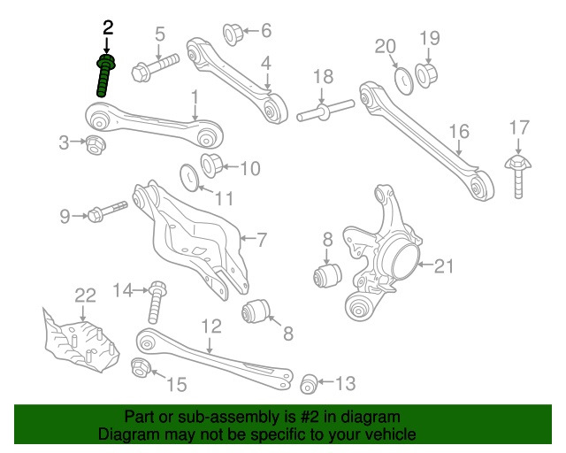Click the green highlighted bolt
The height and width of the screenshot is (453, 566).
tap(105, 77)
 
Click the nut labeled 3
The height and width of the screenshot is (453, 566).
tap(95, 143)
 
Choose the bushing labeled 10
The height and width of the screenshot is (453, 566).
tap(213, 165)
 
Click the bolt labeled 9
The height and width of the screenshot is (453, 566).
tap(107, 212)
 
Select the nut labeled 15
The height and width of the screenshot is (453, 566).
tap(141, 369)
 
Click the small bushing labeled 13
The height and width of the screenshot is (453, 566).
tap(309, 383)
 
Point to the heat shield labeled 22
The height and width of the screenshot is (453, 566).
tap(82, 340)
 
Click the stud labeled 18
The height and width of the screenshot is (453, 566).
tap(325, 111)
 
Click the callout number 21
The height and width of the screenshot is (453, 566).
tap(442, 265)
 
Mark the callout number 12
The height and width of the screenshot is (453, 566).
tap(210, 326)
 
